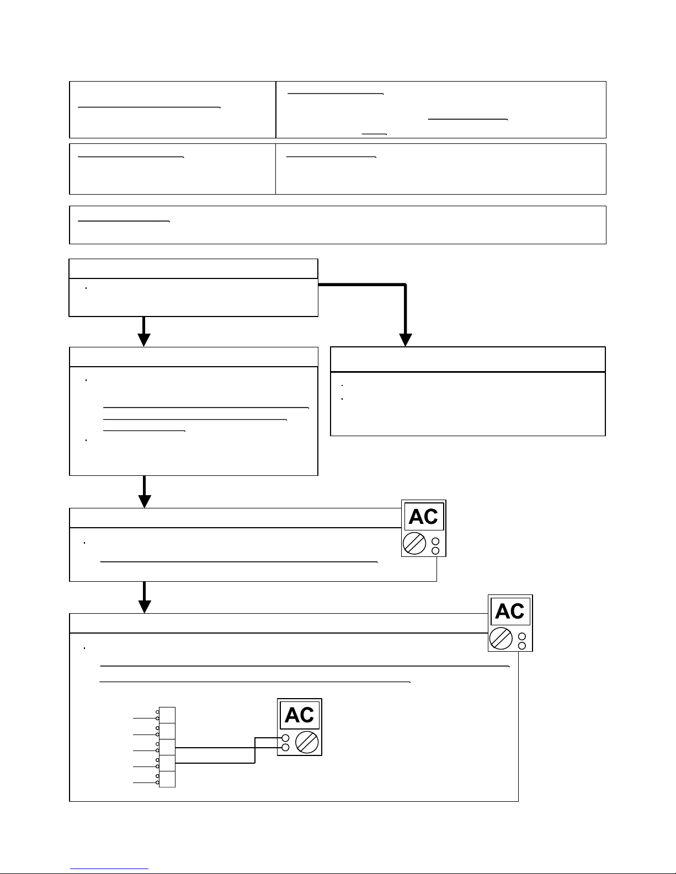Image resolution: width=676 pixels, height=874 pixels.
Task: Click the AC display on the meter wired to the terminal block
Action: [x=300, y=716]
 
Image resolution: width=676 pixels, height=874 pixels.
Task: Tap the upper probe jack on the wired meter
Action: [x=285, y=738]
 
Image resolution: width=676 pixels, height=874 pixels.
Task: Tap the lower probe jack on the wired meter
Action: [x=285, y=748]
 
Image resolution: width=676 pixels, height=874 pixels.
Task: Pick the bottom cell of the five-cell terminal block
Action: [x=167, y=779]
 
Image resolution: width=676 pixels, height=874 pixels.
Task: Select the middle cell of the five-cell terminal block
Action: [x=167, y=747]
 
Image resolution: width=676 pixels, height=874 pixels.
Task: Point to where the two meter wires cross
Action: [x=255, y=748]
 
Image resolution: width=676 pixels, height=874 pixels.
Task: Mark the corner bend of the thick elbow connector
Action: [x=406, y=285]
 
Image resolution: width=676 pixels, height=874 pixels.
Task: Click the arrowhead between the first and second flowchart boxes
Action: [x=144, y=340]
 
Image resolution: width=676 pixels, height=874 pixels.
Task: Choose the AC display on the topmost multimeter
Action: [x=424, y=517]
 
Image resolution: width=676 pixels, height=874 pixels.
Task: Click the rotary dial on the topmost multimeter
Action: [x=413, y=544]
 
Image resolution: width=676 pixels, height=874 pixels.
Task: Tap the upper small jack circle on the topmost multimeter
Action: [x=435, y=541]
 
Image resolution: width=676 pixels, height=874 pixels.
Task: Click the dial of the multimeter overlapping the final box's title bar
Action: [x=501, y=639]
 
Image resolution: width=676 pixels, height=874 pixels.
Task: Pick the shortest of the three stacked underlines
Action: [x=143, y=431]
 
